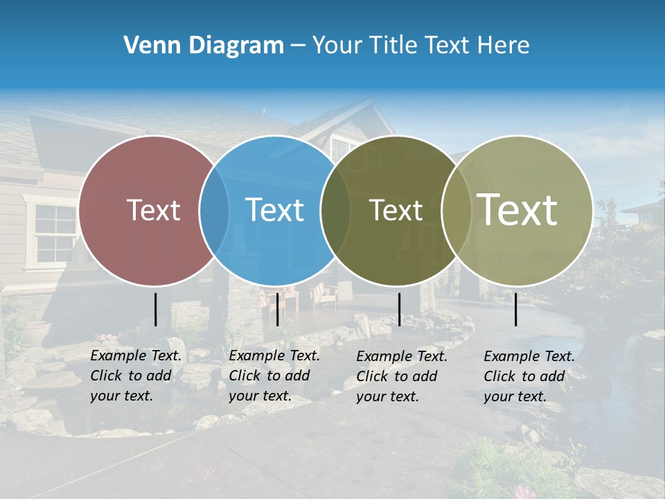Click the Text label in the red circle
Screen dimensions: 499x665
tap(153, 210)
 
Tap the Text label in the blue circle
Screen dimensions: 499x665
tap(274, 210)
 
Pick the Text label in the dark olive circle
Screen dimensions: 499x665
tap(396, 210)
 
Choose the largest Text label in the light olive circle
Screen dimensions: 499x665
tap(517, 210)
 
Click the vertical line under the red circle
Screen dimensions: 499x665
tap(155, 309)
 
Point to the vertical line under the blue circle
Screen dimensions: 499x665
tap(277, 309)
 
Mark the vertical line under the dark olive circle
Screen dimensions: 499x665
tap(399, 309)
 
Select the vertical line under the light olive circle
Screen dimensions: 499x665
tap(516, 309)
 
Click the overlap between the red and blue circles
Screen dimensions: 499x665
tap(214, 210)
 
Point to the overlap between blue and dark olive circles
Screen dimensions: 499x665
tap(335, 210)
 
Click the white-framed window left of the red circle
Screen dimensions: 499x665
tap(54, 234)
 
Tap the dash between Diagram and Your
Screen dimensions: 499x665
tap(297, 46)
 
